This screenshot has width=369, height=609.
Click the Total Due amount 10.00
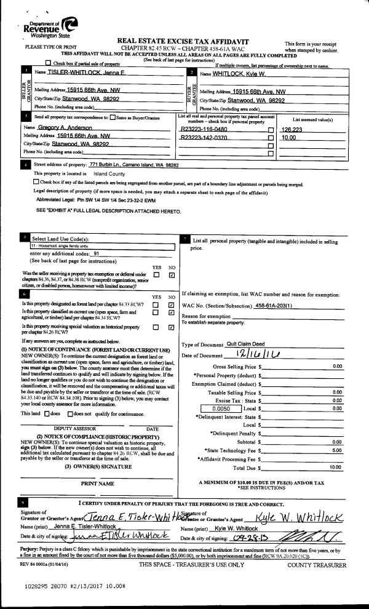tap(335, 468)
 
